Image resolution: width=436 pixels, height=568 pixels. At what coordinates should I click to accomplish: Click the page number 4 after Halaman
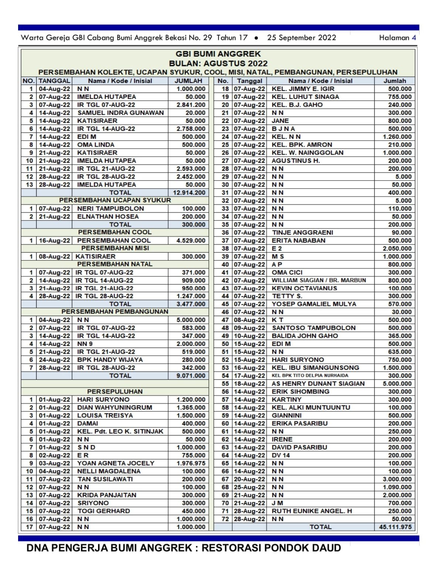click(x=414, y=38)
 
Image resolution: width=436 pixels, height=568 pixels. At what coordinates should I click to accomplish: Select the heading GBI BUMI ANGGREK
click(x=218, y=54)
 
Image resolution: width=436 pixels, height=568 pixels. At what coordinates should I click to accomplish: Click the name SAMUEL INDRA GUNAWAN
click(x=120, y=113)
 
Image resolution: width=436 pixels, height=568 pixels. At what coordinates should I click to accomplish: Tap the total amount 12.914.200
click(x=189, y=193)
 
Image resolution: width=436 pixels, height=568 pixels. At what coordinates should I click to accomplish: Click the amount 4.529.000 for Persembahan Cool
click(x=191, y=240)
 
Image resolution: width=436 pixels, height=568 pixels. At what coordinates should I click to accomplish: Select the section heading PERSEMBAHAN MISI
click(x=115, y=248)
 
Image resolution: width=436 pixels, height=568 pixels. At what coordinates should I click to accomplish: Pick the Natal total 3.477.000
click(x=191, y=304)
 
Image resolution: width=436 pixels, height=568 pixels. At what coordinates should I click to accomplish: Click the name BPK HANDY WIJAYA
click(x=110, y=360)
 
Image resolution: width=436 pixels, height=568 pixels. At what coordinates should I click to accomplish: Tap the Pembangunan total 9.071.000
click(x=191, y=376)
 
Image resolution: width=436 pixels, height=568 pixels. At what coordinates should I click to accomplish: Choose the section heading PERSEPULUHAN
click(x=115, y=392)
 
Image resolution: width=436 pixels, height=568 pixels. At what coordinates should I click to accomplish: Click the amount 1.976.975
click(x=191, y=463)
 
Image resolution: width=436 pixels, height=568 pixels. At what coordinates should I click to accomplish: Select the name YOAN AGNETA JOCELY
click(x=115, y=463)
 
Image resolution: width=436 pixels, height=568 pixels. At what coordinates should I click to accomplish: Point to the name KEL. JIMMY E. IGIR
click(x=303, y=89)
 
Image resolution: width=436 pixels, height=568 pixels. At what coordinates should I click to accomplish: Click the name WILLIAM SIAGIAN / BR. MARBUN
click(x=319, y=280)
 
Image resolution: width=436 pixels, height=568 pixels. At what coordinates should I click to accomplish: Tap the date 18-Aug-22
click(x=249, y=384)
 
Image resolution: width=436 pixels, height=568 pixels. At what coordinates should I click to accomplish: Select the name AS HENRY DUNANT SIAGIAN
click(x=318, y=384)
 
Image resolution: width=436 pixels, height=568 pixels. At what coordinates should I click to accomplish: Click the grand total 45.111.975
click(x=395, y=527)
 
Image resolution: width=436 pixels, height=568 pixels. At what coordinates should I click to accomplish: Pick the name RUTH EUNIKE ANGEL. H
click(x=312, y=511)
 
